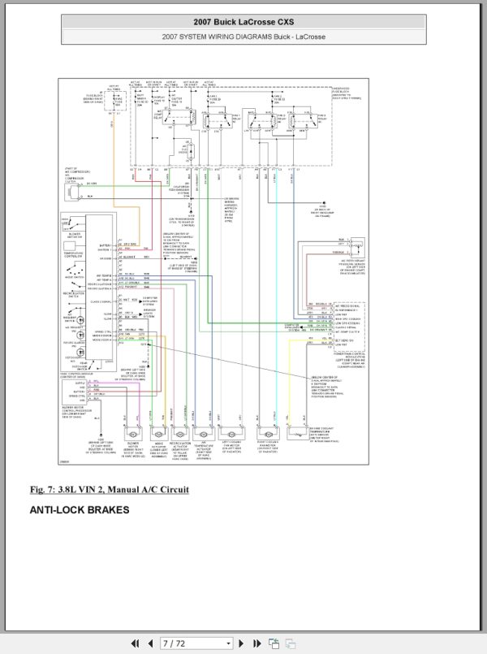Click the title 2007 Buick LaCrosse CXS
pyautogui.click(x=243, y=22)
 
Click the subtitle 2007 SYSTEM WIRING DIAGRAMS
pyautogui.click(x=243, y=37)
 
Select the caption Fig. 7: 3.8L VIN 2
pyautogui.click(x=109, y=489)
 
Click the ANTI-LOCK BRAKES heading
pyautogui.click(x=80, y=510)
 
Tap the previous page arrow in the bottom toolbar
pyautogui.click(x=149, y=643)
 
